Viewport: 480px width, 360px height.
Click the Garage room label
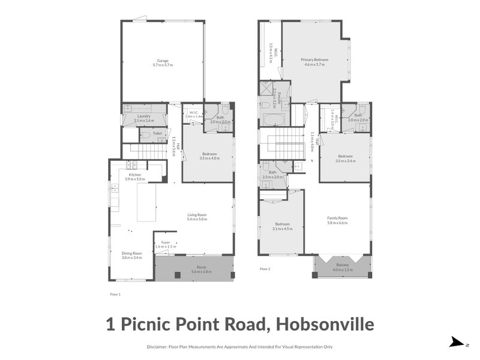[163, 61]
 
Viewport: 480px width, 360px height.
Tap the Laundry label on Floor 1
[143, 116]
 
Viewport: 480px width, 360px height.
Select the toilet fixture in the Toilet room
[145, 137]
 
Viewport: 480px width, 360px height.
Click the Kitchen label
[135, 175]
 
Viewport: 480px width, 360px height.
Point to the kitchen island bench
[146, 203]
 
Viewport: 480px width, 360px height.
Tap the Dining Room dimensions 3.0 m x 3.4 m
[131, 257]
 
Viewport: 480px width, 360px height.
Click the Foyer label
[166, 242]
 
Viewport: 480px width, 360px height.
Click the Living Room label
[197, 215]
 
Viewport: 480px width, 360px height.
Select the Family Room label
[337, 218]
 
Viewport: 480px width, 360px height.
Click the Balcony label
[342, 265]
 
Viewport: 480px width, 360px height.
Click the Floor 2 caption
[265, 269]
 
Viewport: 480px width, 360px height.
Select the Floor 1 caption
[115, 295]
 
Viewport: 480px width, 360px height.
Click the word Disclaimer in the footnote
[158, 347]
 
